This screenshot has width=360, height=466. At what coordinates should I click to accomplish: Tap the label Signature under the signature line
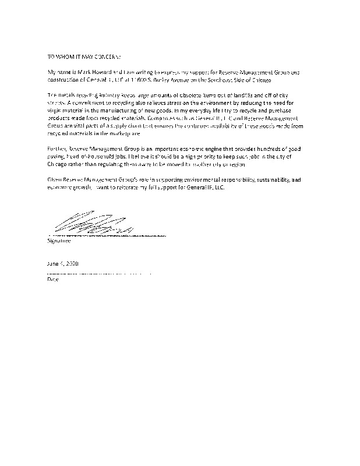[59, 240]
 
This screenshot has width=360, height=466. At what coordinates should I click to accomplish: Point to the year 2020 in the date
[71, 264]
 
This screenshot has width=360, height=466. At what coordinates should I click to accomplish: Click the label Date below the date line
[52, 279]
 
